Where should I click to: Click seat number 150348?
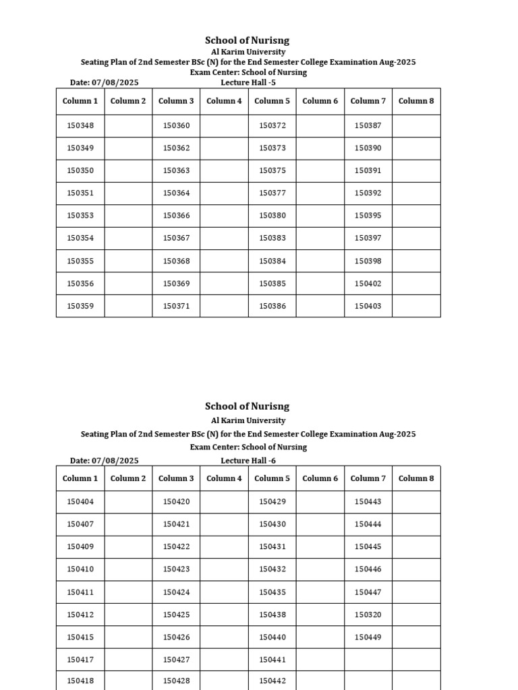point(80,125)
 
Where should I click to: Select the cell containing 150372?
point(272,125)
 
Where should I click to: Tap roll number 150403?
point(368,306)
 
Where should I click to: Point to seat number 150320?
point(368,615)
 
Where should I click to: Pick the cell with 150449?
point(368,637)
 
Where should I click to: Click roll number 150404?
point(80,501)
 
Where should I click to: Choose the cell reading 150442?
point(272,681)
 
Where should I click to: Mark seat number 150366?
point(177,216)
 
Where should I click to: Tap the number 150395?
point(368,216)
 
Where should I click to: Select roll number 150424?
point(177,592)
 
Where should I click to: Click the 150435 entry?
point(272,592)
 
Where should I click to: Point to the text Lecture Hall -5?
point(248,83)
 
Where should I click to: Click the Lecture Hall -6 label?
point(248,461)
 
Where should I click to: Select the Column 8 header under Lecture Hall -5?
point(416,101)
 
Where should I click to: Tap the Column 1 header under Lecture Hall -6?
point(80,478)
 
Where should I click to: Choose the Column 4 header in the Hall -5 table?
point(224,101)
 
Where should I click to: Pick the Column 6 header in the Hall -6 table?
point(320,478)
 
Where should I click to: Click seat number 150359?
point(80,306)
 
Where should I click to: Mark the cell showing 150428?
point(177,681)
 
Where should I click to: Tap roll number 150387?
point(368,125)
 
